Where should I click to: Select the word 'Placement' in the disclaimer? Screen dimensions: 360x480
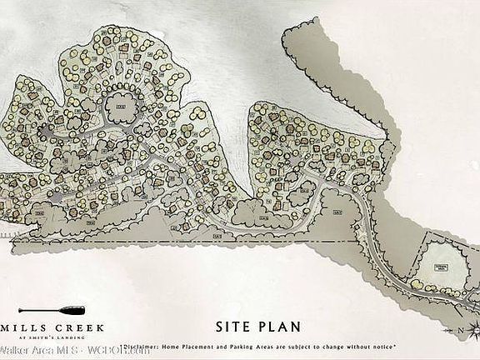208,345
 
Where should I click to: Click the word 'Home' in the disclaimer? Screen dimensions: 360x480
182,345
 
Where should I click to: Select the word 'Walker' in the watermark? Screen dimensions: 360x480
14,352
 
